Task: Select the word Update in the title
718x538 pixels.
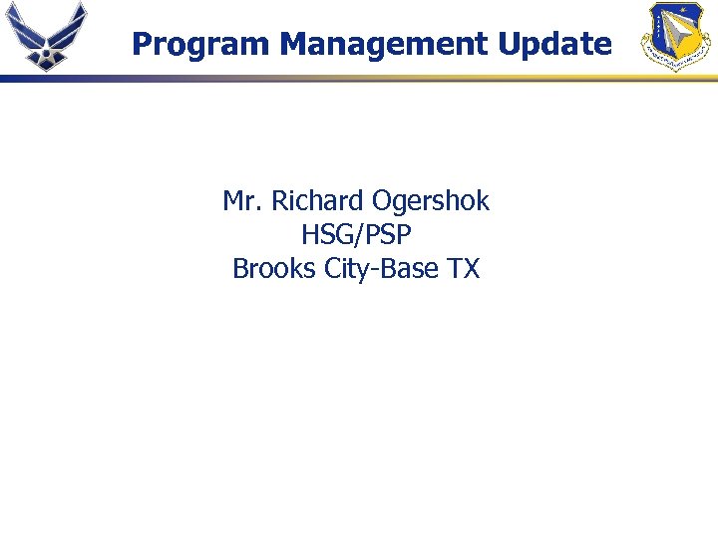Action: (561, 44)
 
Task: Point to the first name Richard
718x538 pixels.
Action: (318, 201)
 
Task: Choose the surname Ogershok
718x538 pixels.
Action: (431, 201)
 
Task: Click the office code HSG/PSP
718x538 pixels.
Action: (356, 235)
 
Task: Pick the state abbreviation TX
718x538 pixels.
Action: (464, 269)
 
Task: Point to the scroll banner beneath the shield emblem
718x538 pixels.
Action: (677, 62)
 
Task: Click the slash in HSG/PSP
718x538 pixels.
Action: (357, 235)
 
